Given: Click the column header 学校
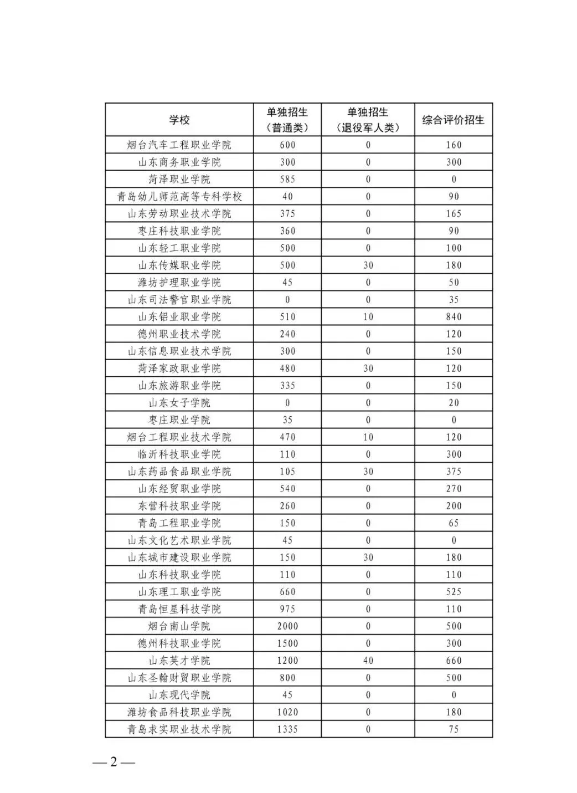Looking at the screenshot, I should click(179, 120).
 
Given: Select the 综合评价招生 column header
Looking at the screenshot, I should click(453, 120).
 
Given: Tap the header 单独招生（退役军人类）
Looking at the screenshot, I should click(368, 120).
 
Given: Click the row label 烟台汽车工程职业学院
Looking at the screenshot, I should click(179, 145).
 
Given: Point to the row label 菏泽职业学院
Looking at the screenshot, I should click(179, 180).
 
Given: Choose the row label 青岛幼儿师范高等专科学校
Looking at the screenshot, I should click(179, 197).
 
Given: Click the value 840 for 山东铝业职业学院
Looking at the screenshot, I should click(454, 317).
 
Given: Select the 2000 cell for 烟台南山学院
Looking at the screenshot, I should click(287, 626).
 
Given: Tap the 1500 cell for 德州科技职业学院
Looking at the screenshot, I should click(287, 643).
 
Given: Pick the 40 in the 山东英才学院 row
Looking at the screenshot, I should click(368, 661).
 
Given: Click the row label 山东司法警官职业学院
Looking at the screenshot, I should click(179, 300).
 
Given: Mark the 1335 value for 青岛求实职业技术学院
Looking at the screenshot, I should click(287, 729).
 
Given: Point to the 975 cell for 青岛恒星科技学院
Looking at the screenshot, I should click(287, 609).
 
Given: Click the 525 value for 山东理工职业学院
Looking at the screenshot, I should click(454, 592).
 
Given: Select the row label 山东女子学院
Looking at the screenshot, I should click(179, 403).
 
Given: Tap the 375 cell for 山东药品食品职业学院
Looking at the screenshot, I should click(454, 472).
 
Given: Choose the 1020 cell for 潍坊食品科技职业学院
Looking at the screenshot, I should click(287, 712).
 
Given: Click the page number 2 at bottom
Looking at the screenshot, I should click(114, 762).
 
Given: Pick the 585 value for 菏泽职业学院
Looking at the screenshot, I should click(287, 180).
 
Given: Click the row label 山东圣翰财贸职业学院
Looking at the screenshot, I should click(179, 678).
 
